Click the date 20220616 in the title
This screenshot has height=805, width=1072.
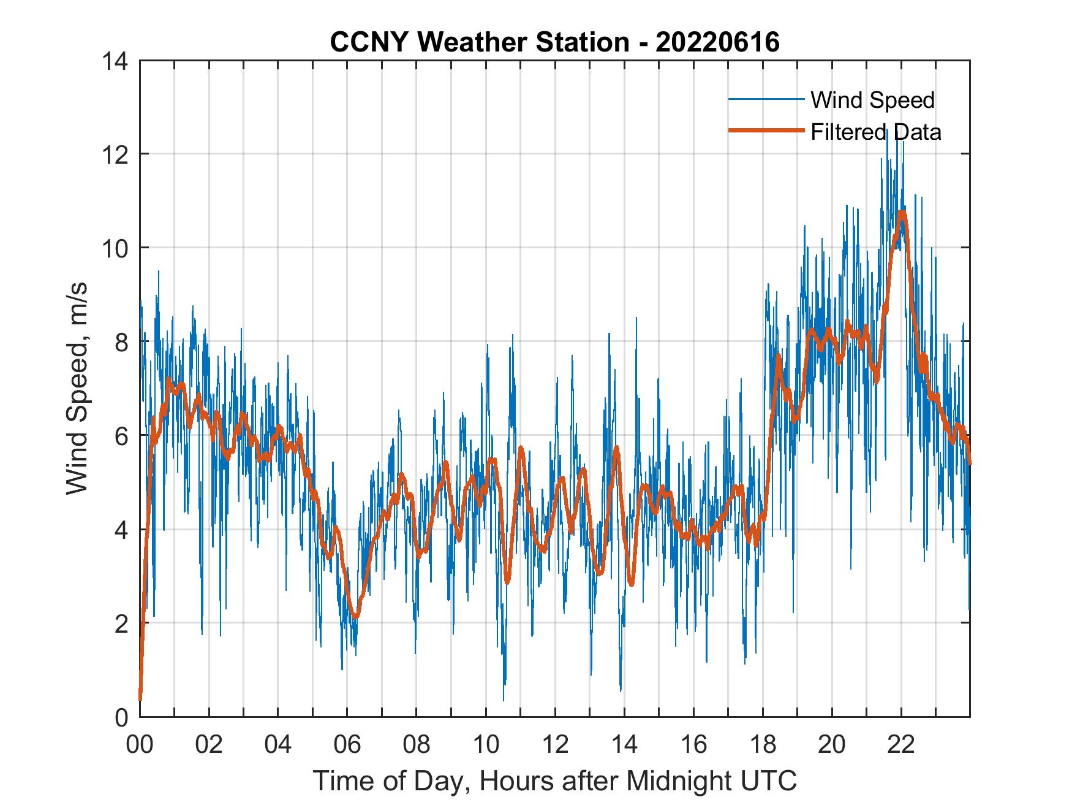click(x=717, y=42)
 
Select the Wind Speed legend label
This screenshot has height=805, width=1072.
click(x=872, y=100)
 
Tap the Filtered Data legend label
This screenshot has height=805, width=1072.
click(x=875, y=132)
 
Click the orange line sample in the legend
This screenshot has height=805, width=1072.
click(x=766, y=131)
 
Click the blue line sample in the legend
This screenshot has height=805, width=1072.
click(x=766, y=99)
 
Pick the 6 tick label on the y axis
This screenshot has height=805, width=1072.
click(x=121, y=436)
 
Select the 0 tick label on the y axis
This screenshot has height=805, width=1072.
click(x=121, y=717)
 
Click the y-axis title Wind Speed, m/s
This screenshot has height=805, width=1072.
click(x=77, y=388)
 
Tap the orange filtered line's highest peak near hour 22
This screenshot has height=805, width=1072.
click(x=901, y=213)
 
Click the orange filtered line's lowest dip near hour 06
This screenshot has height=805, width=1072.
click(x=355, y=616)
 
